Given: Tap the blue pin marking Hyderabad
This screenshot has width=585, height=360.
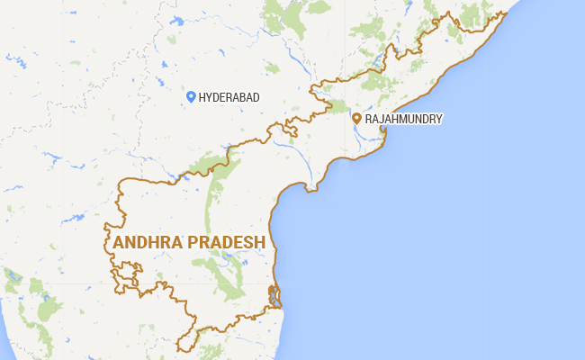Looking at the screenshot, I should pyautogui.click(x=190, y=97).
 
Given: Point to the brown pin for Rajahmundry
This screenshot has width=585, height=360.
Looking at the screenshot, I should pyautogui.click(x=357, y=119).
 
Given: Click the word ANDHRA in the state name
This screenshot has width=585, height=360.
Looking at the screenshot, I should pyautogui.click(x=148, y=243).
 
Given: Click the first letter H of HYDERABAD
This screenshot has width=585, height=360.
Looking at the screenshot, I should pyautogui.click(x=202, y=97).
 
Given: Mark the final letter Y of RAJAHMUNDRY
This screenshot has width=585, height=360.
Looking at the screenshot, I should pyautogui.click(x=439, y=119).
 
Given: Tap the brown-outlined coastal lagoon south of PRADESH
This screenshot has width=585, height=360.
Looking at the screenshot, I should pyautogui.click(x=275, y=296).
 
